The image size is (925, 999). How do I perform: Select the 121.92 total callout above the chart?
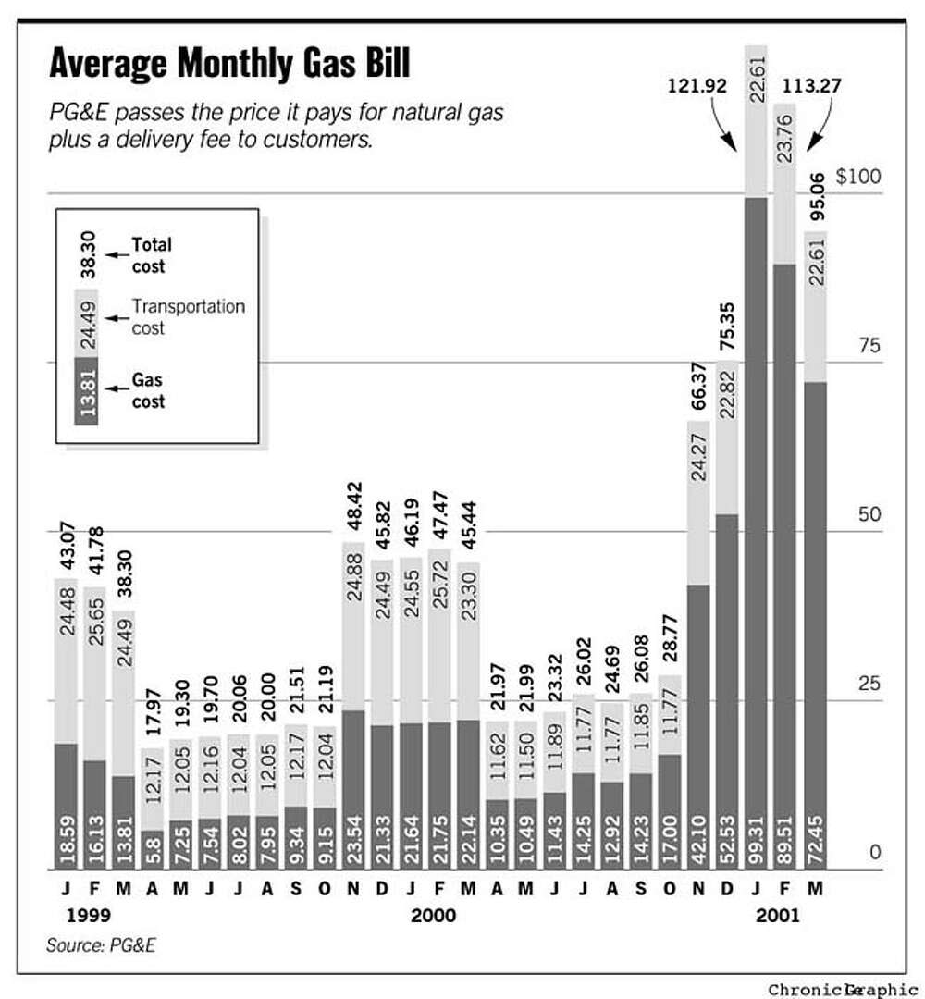click(697, 88)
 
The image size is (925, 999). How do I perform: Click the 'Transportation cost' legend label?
click(188, 314)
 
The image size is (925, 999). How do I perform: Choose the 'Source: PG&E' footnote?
click(98, 945)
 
